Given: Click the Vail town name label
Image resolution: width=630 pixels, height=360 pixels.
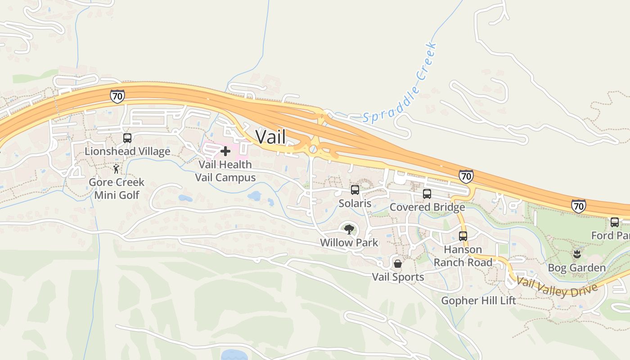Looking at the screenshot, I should (x=270, y=137).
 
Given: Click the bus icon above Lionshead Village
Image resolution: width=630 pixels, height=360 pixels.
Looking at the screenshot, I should (x=127, y=138).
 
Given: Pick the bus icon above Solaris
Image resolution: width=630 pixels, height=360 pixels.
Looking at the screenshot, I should (x=355, y=190).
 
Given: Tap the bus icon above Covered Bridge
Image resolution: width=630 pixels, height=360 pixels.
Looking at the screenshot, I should (x=427, y=194).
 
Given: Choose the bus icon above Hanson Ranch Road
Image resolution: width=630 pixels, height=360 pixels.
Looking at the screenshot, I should (x=463, y=236).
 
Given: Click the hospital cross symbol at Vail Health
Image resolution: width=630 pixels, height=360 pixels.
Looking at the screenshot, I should (x=225, y=151).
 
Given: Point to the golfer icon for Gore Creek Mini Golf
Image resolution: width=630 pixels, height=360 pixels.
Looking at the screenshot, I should (x=116, y=169).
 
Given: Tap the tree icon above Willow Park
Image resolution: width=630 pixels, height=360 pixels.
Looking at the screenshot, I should (x=349, y=229).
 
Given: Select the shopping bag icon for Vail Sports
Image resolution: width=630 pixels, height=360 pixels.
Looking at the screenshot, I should (x=398, y=264).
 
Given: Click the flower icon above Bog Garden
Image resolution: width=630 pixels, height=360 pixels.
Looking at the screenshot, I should (x=577, y=255).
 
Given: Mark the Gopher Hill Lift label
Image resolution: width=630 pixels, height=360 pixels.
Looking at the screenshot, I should (x=478, y=301).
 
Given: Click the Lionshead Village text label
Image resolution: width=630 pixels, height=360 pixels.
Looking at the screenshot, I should (x=127, y=151).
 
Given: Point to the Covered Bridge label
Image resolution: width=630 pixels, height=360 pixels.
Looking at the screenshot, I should (x=427, y=207).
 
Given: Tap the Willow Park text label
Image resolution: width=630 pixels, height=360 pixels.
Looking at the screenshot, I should (x=349, y=243).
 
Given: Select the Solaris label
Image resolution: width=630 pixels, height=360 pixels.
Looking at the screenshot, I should (x=355, y=203).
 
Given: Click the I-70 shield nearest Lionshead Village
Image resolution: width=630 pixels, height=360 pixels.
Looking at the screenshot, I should (x=117, y=96).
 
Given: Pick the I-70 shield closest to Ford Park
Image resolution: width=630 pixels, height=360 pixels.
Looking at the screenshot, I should (x=579, y=206).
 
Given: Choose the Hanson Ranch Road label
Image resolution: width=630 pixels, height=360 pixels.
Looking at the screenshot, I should (x=463, y=256).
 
